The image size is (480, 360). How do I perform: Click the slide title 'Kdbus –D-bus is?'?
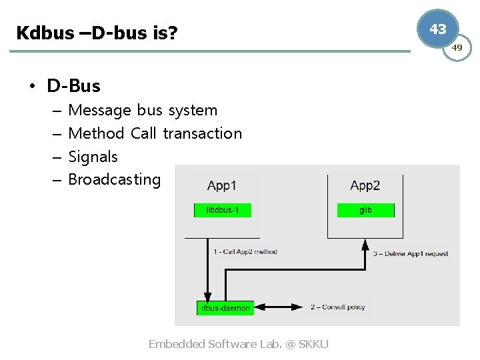coord(97,32)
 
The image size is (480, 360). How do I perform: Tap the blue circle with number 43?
coord(438,29)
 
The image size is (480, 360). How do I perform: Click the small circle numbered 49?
coord(457,48)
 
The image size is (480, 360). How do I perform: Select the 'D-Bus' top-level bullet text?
coord(73,86)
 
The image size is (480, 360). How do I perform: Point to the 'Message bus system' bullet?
coord(143,110)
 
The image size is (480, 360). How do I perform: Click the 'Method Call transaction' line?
coord(155,133)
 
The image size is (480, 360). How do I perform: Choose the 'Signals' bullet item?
coord(93,157)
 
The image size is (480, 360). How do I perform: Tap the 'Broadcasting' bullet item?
coord(114,179)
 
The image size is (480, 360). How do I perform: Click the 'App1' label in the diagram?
coord(222,185)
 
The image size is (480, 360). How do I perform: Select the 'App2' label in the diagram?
coord(365,185)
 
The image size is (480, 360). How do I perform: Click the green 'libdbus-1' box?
coord(223,210)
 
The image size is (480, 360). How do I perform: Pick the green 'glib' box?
coord(365,210)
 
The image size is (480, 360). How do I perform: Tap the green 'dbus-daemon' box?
coord(225,308)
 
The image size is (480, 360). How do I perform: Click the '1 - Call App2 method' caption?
coord(245,251)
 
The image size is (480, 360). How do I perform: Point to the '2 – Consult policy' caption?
coord(337,307)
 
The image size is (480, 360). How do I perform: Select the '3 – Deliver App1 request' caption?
coord(411,253)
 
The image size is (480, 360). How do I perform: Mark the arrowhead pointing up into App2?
coord(365,245)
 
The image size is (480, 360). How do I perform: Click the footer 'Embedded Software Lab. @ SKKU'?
coord(238,344)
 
